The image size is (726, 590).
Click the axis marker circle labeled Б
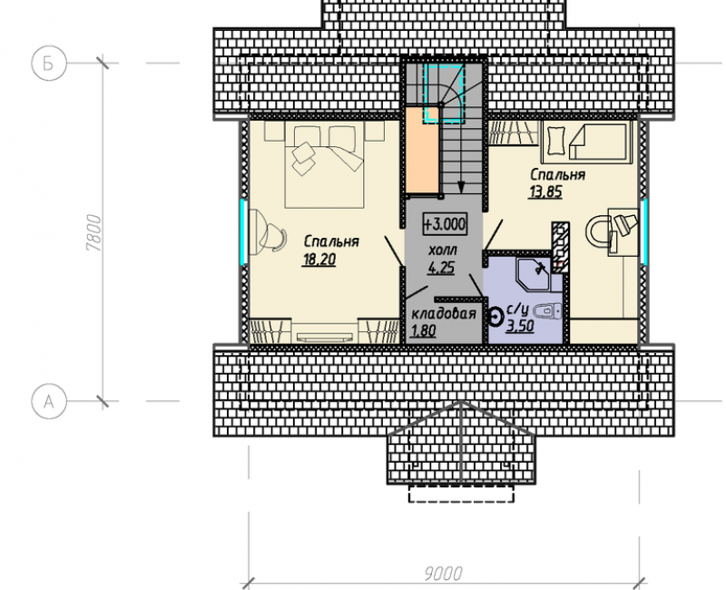point(49,63)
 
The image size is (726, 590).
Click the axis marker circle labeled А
point(49,401)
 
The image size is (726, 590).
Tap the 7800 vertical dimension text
point(93,232)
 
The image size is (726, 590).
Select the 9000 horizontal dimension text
point(443,574)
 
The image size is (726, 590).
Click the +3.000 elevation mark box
point(445,224)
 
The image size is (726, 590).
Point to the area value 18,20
point(319,260)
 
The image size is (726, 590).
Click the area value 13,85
point(545,192)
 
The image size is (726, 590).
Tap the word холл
point(443,251)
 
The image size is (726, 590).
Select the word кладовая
point(444,314)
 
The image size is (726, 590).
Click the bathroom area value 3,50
point(520,326)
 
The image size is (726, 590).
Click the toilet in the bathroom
point(548,310)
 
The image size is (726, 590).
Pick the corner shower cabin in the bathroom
point(534,274)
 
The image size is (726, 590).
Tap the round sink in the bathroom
point(496,318)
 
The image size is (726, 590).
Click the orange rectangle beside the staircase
point(422,150)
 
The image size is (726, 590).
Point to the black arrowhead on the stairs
point(461,187)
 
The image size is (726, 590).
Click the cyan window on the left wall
point(242,231)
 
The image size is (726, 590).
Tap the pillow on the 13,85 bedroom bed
point(554,142)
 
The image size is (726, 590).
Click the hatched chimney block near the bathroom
point(561,246)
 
